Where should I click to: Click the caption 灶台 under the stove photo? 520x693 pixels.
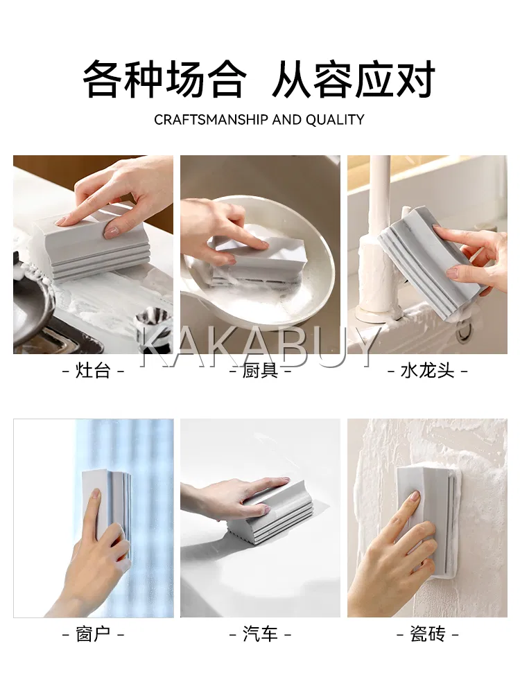[x=93, y=370]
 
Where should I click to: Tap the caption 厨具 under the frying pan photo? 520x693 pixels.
[x=260, y=370]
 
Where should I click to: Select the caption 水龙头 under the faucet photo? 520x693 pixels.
[x=427, y=370]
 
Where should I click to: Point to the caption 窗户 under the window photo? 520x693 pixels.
[x=93, y=634]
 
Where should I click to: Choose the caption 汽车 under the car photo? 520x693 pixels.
[x=260, y=634]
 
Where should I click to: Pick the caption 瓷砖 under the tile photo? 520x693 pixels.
[x=427, y=634]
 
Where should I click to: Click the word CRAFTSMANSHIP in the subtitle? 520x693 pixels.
[x=211, y=119]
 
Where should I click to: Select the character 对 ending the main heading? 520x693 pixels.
[x=415, y=80]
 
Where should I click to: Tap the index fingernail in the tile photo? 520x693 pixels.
[x=415, y=496]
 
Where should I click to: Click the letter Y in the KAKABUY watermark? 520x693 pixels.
[x=365, y=347]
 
